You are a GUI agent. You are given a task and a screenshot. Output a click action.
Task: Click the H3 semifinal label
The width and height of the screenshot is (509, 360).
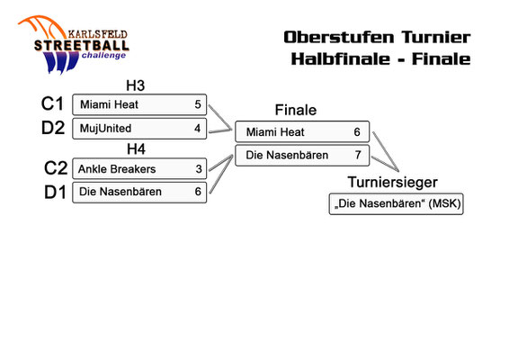tap(136, 85)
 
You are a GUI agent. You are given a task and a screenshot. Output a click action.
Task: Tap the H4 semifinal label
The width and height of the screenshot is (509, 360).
tap(136, 149)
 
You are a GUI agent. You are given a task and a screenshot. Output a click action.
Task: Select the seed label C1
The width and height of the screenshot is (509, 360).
tap(52, 103)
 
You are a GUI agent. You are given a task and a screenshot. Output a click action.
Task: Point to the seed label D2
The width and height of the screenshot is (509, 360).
tap(53, 128)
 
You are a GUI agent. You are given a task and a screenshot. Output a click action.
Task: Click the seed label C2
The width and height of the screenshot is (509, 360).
tap(56, 168)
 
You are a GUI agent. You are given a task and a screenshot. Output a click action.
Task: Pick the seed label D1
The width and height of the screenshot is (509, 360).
tap(55, 192)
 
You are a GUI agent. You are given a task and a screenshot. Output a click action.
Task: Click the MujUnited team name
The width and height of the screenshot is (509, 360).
tap(105, 129)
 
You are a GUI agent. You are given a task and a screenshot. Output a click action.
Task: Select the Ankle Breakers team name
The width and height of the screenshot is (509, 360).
tap(117, 169)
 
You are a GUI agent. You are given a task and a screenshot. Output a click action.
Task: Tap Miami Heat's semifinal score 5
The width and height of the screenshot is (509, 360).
tap(198, 104)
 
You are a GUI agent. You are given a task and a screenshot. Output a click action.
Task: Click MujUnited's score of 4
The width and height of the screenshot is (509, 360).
tap(197, 129)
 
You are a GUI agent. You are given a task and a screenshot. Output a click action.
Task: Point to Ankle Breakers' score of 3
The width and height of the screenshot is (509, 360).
tap(199, 169)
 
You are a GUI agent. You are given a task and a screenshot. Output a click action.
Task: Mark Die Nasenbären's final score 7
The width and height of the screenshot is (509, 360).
tap(358, 155)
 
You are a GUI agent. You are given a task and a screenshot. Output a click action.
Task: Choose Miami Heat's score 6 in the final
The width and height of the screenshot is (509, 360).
tap(357, 131)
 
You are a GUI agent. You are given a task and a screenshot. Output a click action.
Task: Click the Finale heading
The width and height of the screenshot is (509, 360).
tap(296, 110)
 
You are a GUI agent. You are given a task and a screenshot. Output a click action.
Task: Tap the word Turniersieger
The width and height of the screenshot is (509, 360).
tap(392, 183)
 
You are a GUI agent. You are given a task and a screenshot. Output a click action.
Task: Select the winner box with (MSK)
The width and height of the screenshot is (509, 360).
tap(396, 204)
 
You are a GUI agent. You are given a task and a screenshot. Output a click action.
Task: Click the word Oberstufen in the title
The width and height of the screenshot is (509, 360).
tap(339, 37)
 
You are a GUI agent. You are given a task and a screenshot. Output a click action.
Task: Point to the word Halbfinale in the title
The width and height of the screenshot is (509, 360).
tap(341, 58)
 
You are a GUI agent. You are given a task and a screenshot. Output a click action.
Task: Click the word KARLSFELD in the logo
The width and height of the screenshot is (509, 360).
tap(97, 34)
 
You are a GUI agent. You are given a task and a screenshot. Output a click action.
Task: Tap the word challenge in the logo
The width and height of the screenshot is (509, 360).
tap(103, 56)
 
